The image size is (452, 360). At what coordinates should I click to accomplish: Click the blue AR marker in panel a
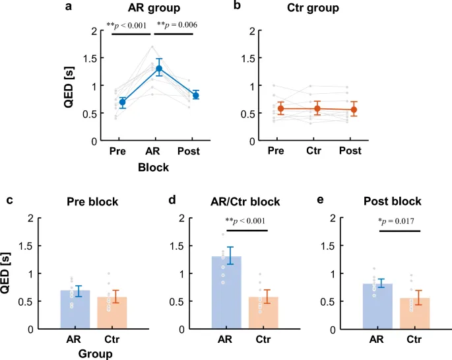(x=158, y=69)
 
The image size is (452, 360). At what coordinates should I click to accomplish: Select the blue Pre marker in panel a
(x=122, y=102)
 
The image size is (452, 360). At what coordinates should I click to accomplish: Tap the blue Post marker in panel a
(x=195, y=95)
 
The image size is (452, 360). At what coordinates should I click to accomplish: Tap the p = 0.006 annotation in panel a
(x=177, y=25)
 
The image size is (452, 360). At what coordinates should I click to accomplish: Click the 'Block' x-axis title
(x=153, y=168)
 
